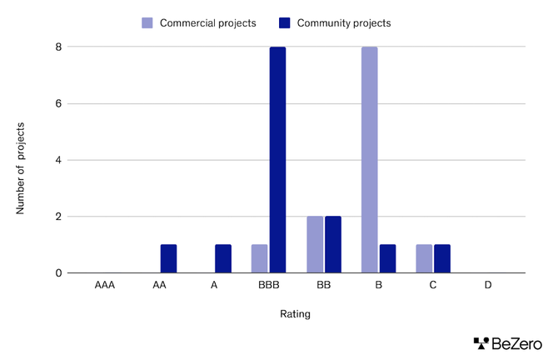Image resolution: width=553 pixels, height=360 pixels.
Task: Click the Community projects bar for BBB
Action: coord(277,160)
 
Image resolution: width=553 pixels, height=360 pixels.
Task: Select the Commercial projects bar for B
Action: coord(369,160)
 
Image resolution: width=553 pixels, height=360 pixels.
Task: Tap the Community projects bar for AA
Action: coord(168,258)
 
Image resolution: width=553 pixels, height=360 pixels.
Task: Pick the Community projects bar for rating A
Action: coord(223,258)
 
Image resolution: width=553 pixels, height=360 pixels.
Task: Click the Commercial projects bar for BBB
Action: coord(260,258)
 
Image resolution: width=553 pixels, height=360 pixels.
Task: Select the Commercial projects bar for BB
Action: coord(315,245)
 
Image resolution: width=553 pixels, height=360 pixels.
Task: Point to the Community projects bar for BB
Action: coord(332,245)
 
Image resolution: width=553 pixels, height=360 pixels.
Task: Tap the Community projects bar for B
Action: coord(387,258)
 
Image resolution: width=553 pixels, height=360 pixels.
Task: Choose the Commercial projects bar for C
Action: coord(424,258)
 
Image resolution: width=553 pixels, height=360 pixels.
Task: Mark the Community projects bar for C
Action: coord(442,258)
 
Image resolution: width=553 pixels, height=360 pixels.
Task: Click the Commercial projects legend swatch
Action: coord(148,22)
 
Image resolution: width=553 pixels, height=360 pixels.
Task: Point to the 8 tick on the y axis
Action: coord(57,47)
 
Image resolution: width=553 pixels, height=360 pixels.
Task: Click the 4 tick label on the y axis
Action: coord(57,160)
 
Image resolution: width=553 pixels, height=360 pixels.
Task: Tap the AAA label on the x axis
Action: coord(105,285)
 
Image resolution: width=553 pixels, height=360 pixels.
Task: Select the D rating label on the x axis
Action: coord(488,285)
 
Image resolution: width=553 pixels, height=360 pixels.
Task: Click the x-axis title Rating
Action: coord(295,314)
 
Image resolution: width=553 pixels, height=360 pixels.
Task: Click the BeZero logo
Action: coord(507,342)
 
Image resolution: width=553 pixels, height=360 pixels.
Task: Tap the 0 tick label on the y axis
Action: coord(57,272)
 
